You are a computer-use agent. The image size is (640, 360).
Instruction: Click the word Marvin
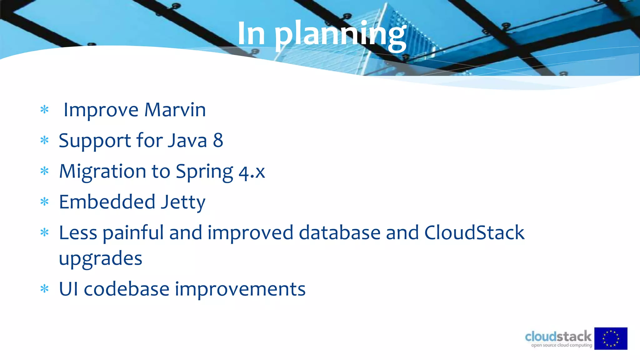175,110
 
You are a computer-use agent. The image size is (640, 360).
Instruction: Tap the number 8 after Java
218,140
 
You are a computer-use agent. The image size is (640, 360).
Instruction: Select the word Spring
204,172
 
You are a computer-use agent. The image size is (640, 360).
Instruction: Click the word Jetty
183,202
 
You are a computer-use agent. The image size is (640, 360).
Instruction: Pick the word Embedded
107,202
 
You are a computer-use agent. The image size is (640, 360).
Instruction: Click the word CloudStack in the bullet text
474,233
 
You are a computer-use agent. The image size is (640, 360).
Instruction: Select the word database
339,233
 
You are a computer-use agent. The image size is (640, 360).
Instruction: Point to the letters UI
68,289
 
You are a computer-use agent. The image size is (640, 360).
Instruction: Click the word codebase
127,289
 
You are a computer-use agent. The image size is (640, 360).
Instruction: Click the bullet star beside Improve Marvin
45,110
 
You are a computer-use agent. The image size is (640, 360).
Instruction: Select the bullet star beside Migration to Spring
45,171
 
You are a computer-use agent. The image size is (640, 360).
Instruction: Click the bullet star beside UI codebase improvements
45,289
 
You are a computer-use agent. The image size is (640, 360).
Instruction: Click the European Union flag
611,338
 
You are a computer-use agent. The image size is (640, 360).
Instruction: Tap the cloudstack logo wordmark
558,337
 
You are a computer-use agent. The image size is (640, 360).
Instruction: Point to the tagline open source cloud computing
562,345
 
